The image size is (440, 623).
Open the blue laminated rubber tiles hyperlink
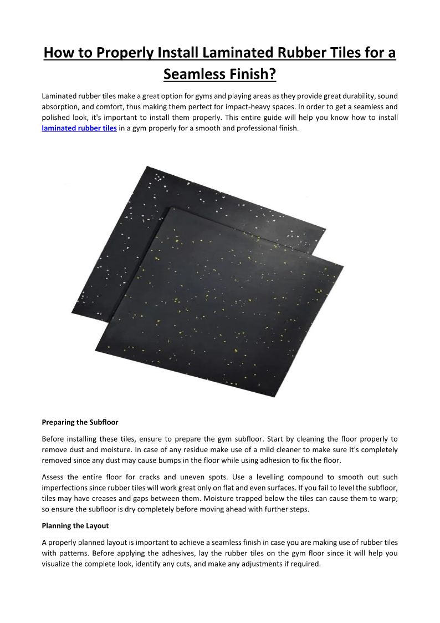pos(79,128)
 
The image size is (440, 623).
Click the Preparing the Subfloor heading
pos(80,422)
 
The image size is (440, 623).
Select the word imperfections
pos(67,488)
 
